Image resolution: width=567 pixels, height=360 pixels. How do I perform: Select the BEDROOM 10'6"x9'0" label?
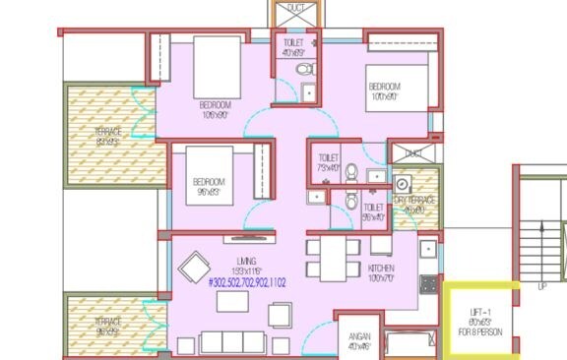(x=215, y=109)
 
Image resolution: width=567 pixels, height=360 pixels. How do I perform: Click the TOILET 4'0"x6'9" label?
(x=293, y=48)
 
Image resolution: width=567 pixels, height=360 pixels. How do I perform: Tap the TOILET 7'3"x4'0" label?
(x=328, y=162)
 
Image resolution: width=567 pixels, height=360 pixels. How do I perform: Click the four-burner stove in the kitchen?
(x=429, y=284)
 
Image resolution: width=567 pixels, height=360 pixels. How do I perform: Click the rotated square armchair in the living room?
(x=193, y=268)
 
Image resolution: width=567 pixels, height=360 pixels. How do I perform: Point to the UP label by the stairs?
(x=541, y=287)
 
